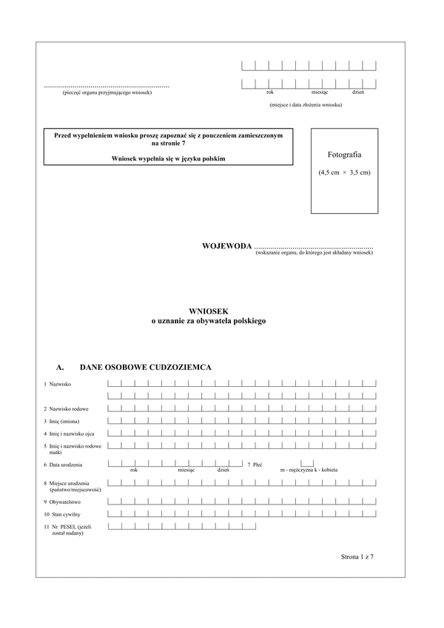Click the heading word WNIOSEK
pos(208,313)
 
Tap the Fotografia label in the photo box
pos(344,155)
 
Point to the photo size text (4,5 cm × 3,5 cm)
pos(344,172)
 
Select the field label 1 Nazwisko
pos(58,385)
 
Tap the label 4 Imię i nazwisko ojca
pos(71,433)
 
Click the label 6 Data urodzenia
pos(63,465)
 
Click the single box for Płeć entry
pos(306,463)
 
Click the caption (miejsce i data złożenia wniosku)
pos(306,105)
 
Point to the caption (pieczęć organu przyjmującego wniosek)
pos(107,92)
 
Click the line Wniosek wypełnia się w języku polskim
pos(169,158)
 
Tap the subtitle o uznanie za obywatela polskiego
pos(208,322)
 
